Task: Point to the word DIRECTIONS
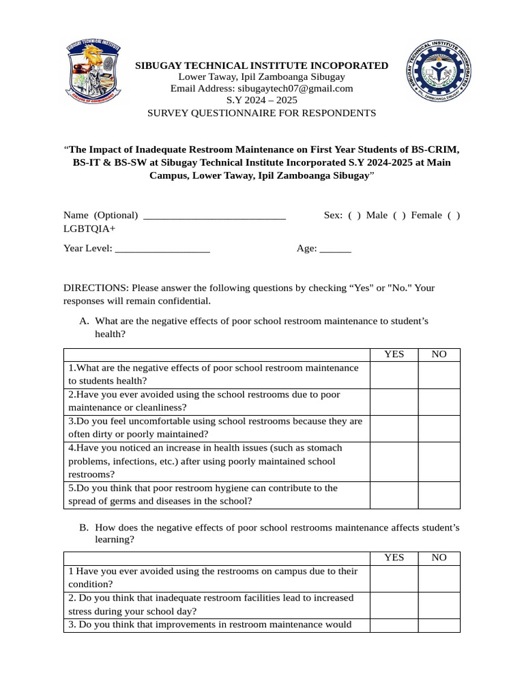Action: [x=96, y=288]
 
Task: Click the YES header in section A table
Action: [x=394, y=354]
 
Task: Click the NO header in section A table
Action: [x=439, y=354]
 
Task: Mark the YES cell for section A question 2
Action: [x=394, y=401]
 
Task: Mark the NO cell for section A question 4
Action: [x=439, y=461]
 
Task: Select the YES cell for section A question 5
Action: [x=394, y=495]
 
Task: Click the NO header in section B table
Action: [x=439, y=558]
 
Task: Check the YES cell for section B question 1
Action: [x=394, y=577]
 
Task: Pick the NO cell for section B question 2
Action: [x=439, y=605]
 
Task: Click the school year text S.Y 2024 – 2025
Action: [x=262, y=100]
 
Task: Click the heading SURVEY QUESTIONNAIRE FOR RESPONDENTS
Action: [x=262, y=113]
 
